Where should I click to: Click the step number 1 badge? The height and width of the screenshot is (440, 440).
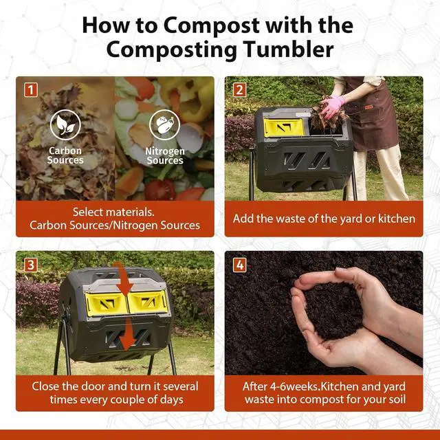coord(30,90)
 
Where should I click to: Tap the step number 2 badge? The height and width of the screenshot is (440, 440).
coord(239,90)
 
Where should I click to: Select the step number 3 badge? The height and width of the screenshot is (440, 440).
coord(30,265)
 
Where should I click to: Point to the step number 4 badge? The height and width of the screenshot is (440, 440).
coord(240,265)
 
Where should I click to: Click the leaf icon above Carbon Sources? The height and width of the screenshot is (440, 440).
coord(65,124)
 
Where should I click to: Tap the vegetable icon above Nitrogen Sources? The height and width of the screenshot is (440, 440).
coord(165,125)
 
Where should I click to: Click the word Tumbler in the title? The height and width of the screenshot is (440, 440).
coord(289,49)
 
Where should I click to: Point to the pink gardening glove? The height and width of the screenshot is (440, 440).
coord(333,106)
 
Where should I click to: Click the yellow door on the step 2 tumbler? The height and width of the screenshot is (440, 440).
coord(284,128)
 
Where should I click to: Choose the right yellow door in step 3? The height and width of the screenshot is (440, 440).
coord(148,302)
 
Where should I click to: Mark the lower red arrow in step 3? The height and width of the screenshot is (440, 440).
coord(129,334)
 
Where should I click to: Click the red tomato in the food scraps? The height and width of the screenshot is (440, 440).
coord(160,190)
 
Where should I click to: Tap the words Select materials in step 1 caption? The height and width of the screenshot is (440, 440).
coord(113,212)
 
